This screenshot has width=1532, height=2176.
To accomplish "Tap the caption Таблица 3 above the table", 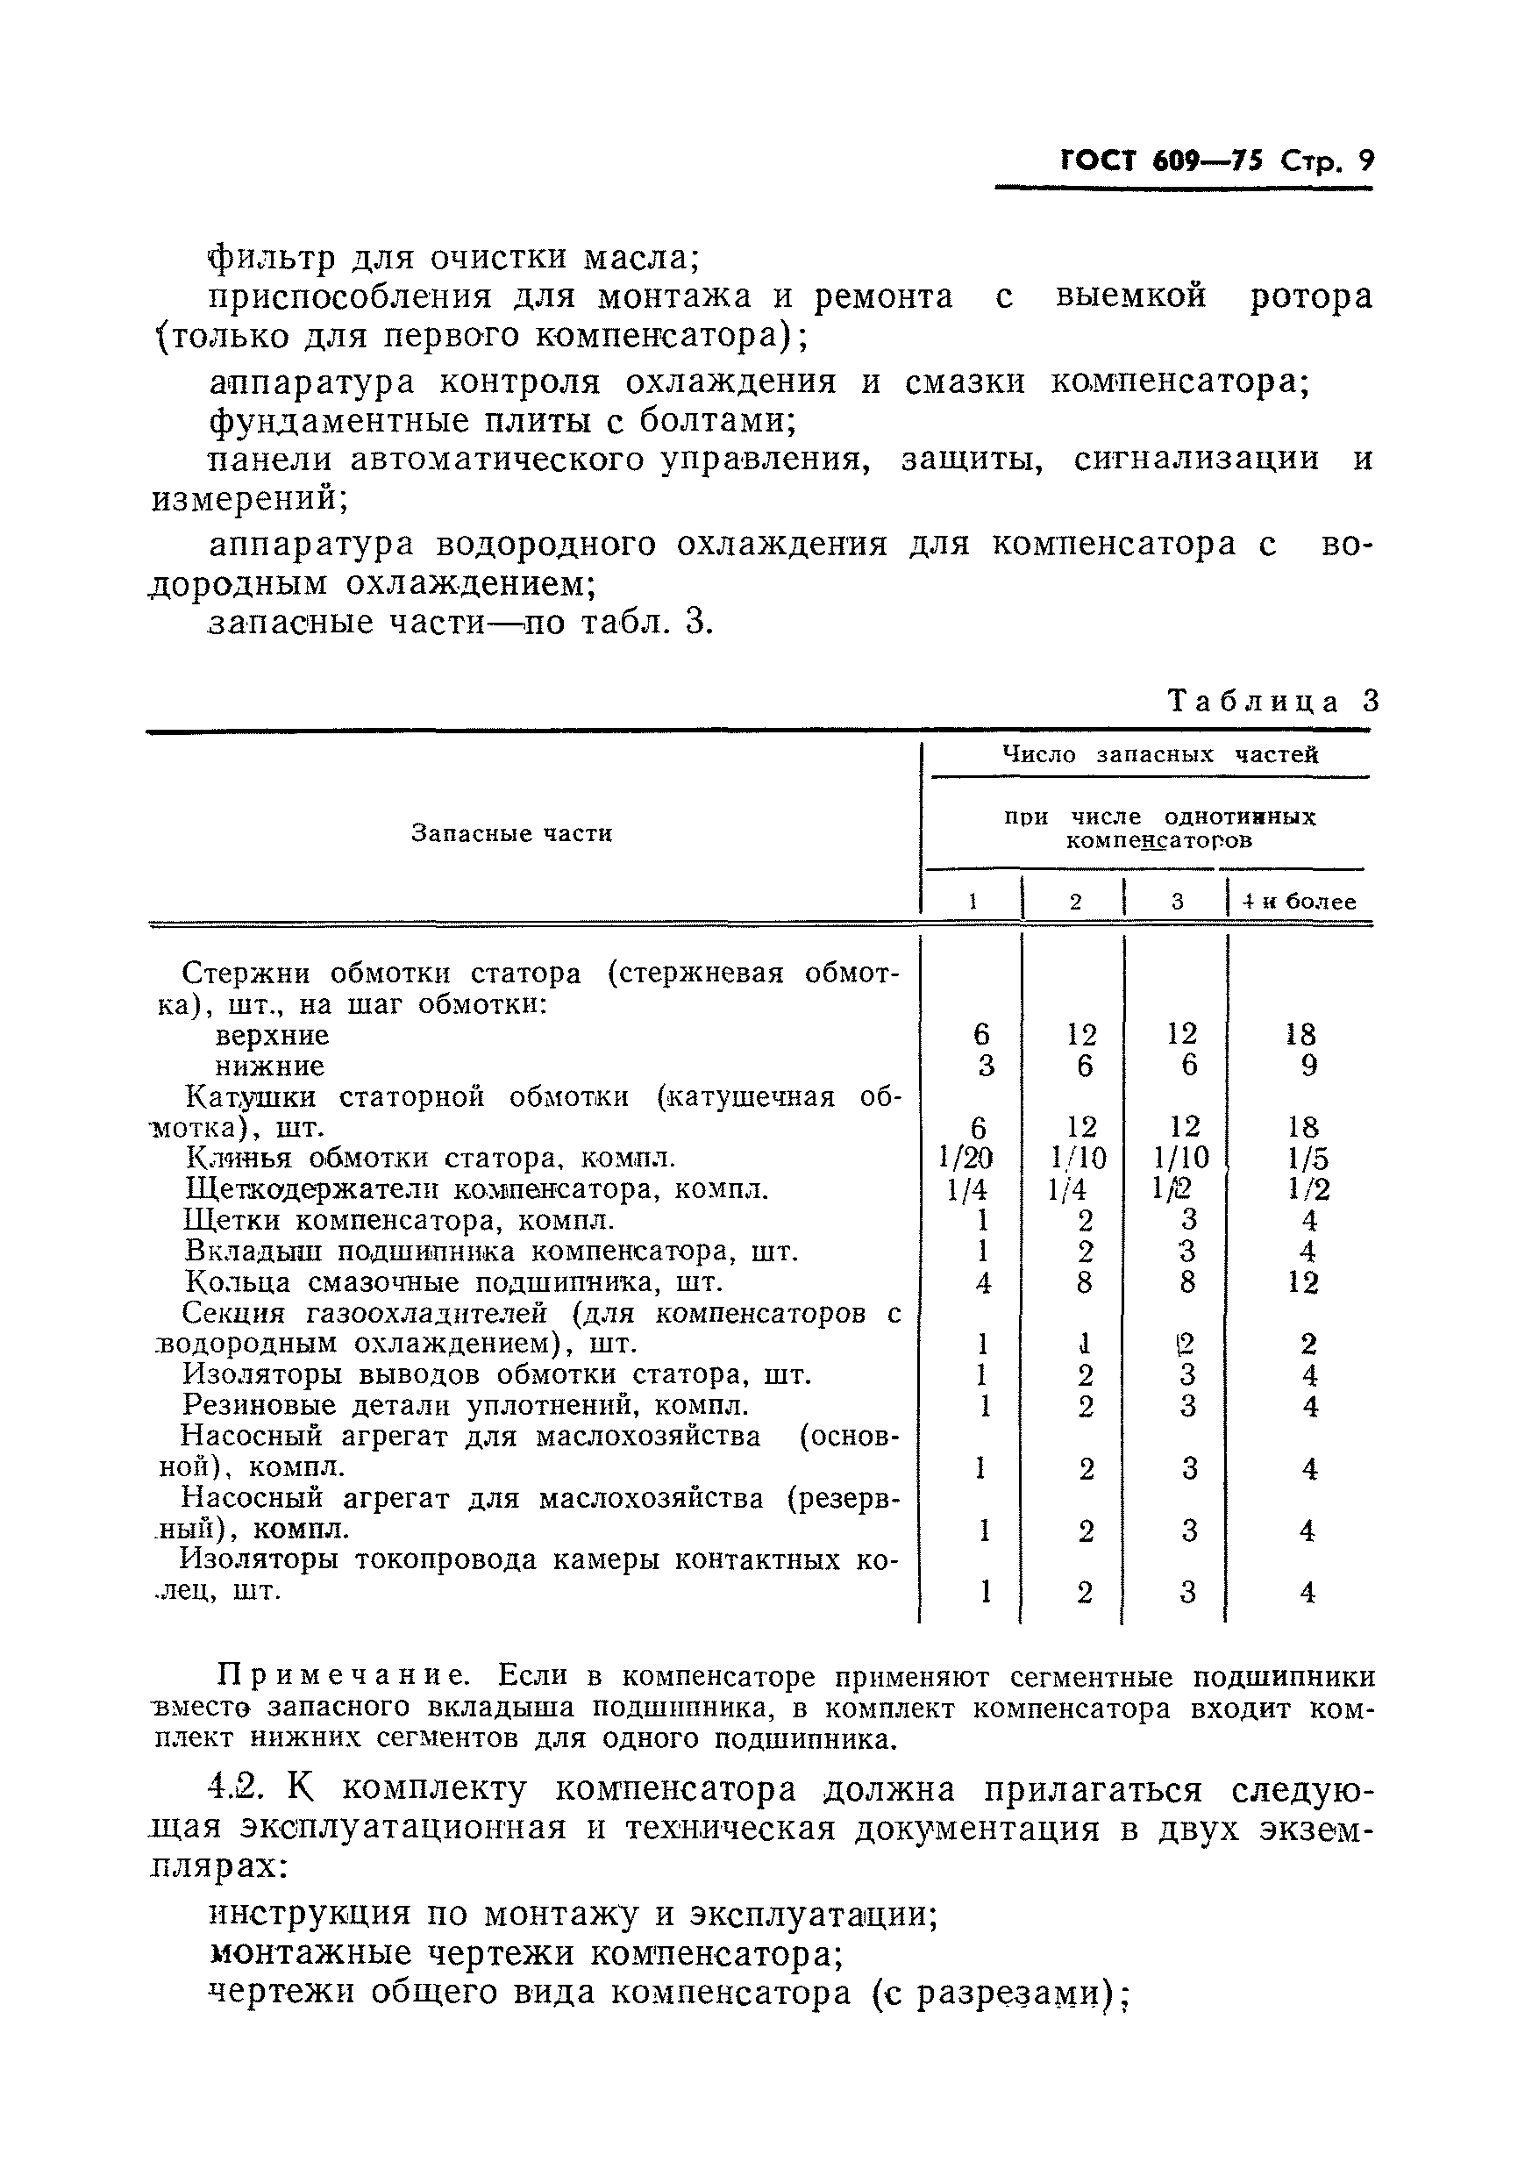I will click(1272, 702).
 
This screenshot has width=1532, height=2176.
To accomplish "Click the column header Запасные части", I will click(511, 833).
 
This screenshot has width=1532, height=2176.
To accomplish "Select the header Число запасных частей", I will click(1159, 754).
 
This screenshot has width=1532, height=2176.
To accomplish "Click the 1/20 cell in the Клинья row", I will click(966, 1158).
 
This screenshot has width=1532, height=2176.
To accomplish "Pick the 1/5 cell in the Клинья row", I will click(1308, 1158).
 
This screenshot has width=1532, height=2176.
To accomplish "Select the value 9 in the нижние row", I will click(1308, 1067).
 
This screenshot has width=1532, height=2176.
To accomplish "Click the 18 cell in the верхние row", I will click(1301, 1034).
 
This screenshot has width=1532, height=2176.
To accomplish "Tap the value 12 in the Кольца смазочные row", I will click(1304, 1282).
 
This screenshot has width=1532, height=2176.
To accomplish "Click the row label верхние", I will click(272, 1035).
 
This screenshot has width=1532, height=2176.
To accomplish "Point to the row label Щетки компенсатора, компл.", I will click(399, 1220).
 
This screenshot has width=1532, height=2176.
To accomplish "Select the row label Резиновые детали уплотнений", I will click(465, 1404).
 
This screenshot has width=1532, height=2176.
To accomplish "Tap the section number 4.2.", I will click(236, 1789).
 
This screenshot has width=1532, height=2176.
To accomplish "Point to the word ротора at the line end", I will click(1310, 296).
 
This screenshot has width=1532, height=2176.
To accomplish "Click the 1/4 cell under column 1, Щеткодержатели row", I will click(966, 1189).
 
